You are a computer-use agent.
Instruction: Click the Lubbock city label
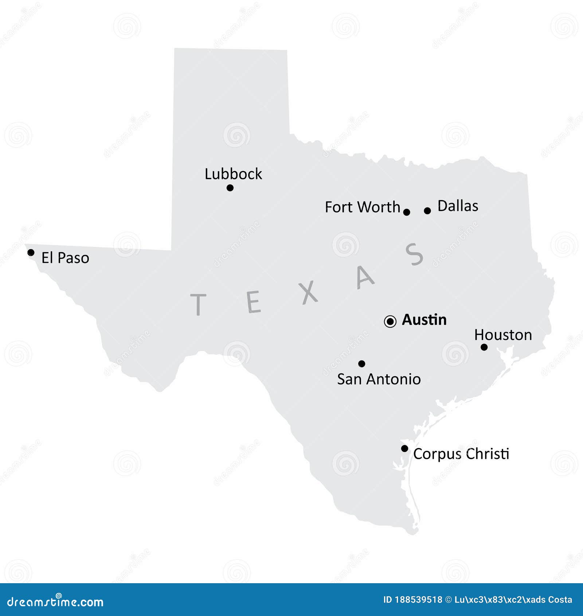pos(233,174)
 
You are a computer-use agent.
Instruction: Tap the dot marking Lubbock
pos(230,188)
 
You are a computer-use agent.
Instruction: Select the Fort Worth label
pos(362,207)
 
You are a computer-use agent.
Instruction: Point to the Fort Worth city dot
pos(407,212)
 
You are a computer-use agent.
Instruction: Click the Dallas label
pos(458,206)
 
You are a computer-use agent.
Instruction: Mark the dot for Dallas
pos(427,211)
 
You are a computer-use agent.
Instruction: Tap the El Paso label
pos(65,258)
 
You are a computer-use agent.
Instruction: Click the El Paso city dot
pos(31,253)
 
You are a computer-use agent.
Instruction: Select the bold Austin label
pos(424,320)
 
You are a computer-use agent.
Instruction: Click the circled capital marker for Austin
pos(390,321)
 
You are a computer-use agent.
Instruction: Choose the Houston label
pos(503,335)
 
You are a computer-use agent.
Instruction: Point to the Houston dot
pos(484,347)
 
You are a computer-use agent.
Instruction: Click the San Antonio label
pos(379,379)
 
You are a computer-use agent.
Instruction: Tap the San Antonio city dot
pos(361,363)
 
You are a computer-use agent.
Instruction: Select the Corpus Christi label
pos(461,454)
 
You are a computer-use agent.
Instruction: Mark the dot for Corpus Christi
pos(404,448)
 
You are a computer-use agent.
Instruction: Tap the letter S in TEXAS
pos(414,254)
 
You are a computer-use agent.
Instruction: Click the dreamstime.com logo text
pos(55,602)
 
